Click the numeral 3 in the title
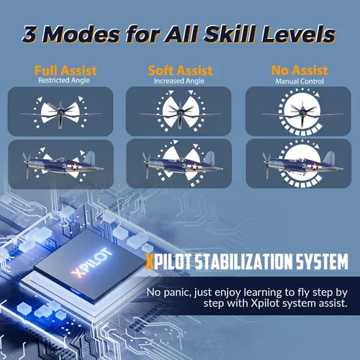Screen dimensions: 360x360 coord(32,35)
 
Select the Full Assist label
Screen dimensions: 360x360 coord(66,71)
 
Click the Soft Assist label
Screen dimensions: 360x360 coord(180,71)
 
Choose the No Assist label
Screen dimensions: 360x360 coord(300,71)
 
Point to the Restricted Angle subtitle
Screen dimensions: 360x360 coord(64,80)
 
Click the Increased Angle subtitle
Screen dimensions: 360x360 coord(179,81)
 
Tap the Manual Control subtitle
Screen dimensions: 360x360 coord(300,81)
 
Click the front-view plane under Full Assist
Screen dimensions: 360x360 coord(60,114)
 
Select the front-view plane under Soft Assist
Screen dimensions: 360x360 coord(179,114)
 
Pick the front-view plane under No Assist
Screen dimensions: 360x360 coord(302,114)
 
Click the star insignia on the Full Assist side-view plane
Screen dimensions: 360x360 coord(75,166)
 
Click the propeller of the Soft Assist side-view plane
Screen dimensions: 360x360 coord(146,165)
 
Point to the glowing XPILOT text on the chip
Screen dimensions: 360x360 coord(92,263)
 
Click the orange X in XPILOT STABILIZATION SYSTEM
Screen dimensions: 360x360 coord(150,261)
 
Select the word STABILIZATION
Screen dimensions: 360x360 coord(243,261)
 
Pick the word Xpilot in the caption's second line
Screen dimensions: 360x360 coord(265,303)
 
